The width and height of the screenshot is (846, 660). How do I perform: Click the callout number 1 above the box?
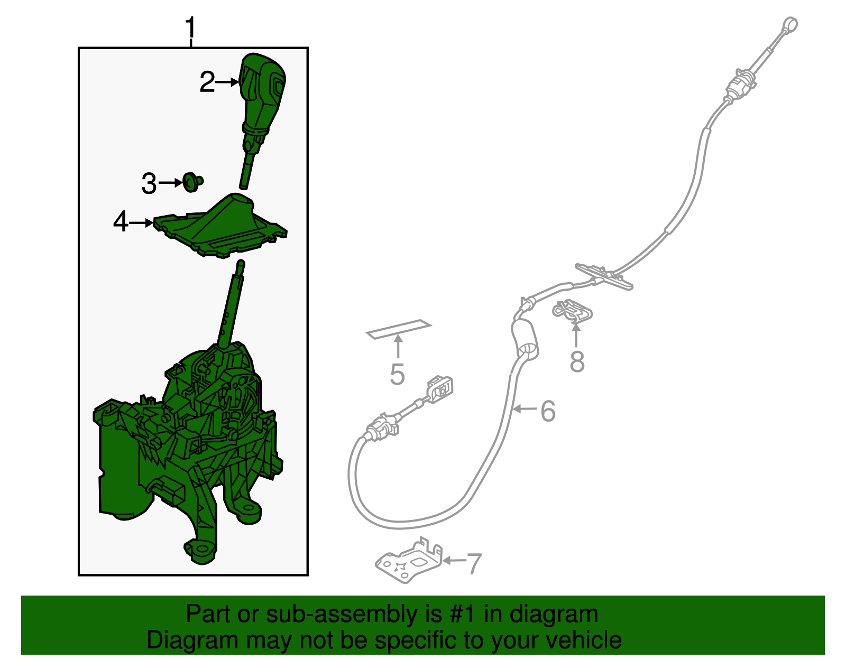[190, 27]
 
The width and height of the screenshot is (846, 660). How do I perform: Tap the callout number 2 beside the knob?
[207, 82]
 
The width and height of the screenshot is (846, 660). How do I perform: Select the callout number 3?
[149, 183]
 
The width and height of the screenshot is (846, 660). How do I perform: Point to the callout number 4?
[121, 222]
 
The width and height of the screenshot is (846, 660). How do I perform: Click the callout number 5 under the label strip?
[397, 374]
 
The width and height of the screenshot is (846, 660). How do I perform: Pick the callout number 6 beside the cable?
[548, 411]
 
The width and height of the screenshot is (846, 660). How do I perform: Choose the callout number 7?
[474, 564]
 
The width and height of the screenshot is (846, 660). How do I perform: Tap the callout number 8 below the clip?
[577, 361]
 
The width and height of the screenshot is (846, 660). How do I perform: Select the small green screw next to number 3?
[192, 182]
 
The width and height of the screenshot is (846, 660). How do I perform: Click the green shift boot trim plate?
[220, 225]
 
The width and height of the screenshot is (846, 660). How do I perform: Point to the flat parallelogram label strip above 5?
[399, 329]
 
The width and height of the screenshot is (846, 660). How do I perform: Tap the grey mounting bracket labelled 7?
[409, 560]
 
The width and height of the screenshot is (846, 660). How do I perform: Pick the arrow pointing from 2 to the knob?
[226, 82]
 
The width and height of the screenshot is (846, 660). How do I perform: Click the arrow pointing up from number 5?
[398, 347]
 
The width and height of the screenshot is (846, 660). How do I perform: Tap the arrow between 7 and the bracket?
[454, 561]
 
